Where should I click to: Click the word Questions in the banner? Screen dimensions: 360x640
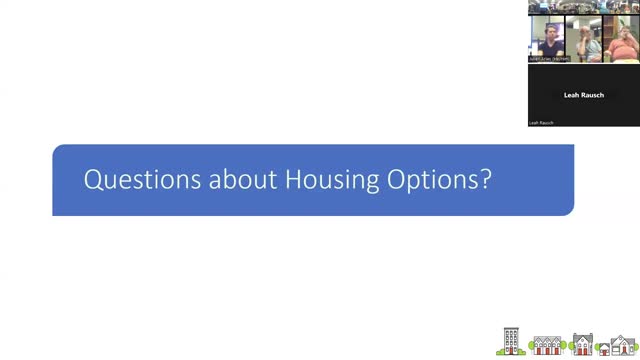pyautogui.click(x=127, y=180)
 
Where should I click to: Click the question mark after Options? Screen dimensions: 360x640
pyautogui.click(x=485, y=180)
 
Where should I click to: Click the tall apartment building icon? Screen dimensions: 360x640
pyautogui.click(x=511, y=342)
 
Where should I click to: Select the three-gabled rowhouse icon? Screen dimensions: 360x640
pyautogui.click(x=548, y=345)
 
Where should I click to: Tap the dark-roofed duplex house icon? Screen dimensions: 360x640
pyautogui.click(x=581, y=345)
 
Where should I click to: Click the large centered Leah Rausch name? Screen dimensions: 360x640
pyautogui.click(x=584, y=95)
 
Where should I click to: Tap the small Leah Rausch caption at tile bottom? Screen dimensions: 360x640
pyautogui.click(x=541, y=123)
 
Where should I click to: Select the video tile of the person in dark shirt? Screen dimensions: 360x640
pyautogui.click(x=546, y=38)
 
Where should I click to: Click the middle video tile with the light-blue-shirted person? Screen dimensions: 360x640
pyautogui.click(x=583, y=38)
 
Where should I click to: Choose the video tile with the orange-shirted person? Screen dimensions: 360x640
pyautogui.click(x=620, y=38)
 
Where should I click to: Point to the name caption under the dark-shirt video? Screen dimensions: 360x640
pyautogui.click(x=546, y=59)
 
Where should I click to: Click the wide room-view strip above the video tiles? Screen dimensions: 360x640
pyautogui.click(x=584, y=7)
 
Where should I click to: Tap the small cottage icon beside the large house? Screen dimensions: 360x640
pyautogui.click(x=603, y=348)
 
